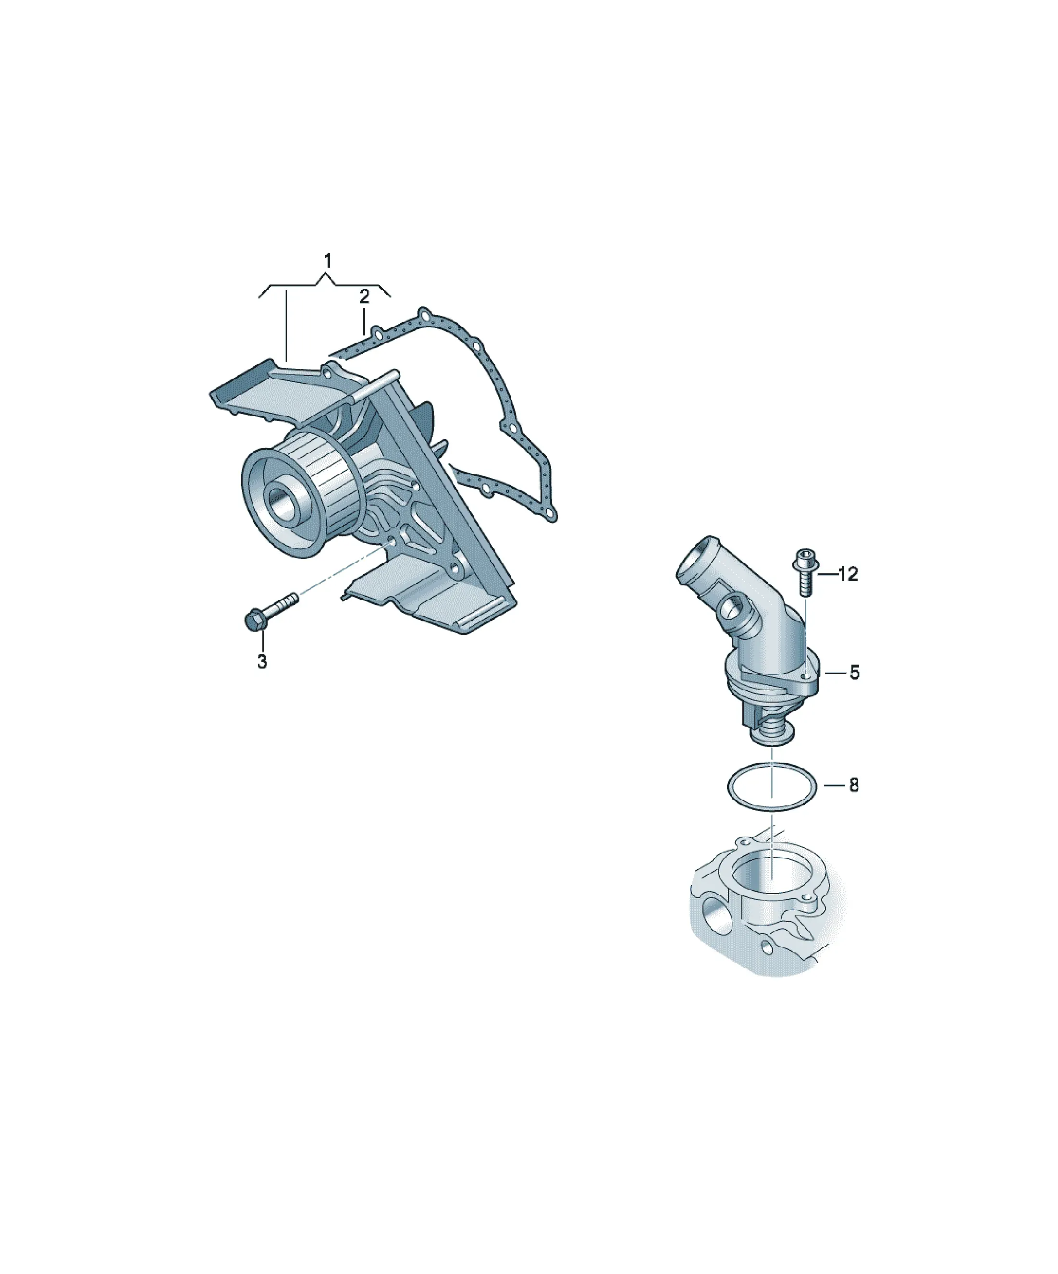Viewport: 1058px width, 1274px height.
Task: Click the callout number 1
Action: point(328,261)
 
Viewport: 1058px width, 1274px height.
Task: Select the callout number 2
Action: point(364,297)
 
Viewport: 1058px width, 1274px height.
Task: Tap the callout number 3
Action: point(262,661)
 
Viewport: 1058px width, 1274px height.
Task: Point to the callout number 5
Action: point(854,672)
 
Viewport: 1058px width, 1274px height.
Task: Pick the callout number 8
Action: point(854,785)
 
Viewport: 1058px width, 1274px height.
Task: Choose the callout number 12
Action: point(848,574)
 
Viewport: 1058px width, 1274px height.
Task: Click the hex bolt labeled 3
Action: point(271,610)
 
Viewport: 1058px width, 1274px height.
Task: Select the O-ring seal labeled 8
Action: point(772,763)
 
